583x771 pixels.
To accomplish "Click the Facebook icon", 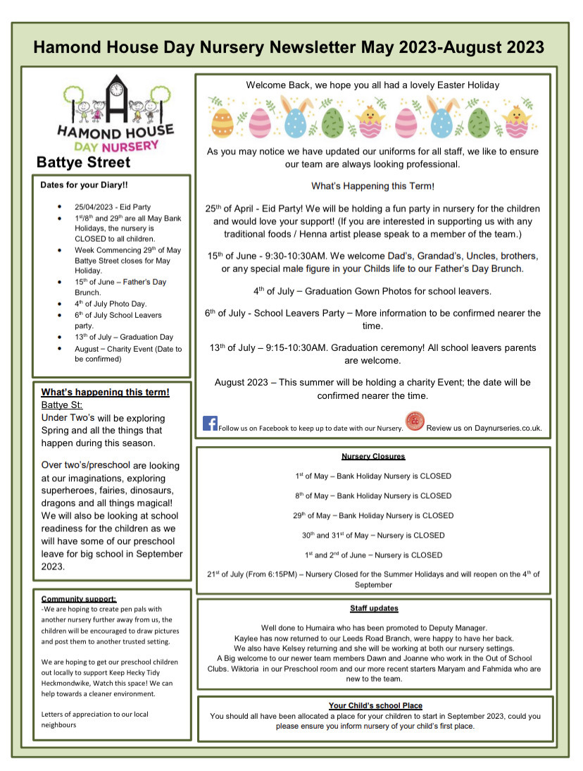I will (x=210, y=423).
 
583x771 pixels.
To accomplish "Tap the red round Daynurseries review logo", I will (x=415, y=421).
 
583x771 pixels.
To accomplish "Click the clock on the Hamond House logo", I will (x=117, y=90).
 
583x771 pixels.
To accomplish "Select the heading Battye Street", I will (x=83, y=163).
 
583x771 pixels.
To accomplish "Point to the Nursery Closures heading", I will (x=373, y=457).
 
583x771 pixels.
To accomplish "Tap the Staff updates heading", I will (x=374, y=608).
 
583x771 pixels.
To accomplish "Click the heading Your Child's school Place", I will (x=375, y=705).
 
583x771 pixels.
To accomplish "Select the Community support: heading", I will (x=79, y=598).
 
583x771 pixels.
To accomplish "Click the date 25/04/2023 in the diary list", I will (x=94, y=207).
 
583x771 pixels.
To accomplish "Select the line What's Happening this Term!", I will (x=372, y=186).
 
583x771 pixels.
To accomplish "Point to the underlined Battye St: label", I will (x=62, y=405).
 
